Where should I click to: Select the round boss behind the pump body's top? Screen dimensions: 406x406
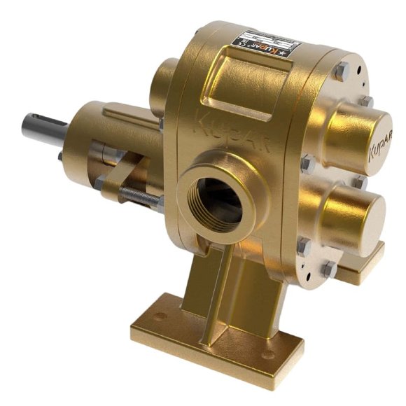(x=166, y=80)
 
